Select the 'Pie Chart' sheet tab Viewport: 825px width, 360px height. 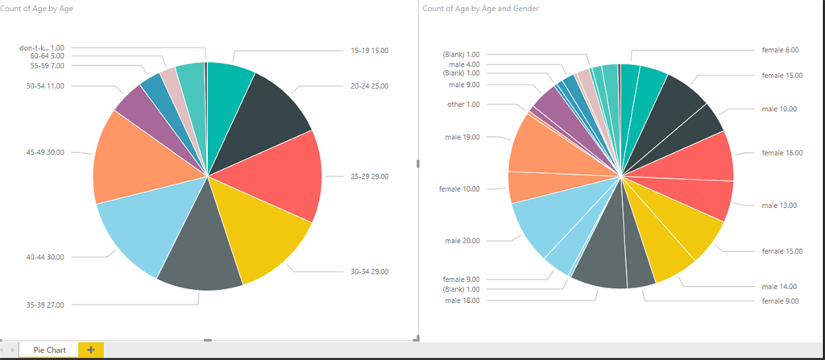50,350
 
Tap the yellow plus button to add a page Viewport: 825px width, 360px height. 91,350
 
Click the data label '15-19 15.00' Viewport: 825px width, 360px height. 369,51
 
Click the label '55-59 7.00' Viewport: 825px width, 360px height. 47,65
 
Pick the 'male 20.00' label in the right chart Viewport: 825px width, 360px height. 462,241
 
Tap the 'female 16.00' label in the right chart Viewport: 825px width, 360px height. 781,152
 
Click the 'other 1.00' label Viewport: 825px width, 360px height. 463,105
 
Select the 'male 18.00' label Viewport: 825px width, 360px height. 462,300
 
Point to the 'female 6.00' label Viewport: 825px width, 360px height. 780,50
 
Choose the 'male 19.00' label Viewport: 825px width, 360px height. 462,137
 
